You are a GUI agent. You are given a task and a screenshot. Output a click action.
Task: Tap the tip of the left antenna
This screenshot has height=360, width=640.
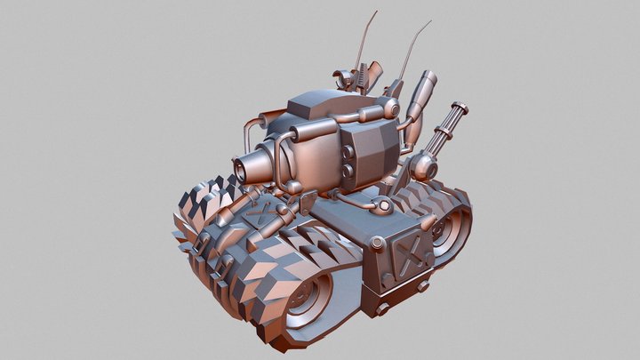click(x=376, y=12)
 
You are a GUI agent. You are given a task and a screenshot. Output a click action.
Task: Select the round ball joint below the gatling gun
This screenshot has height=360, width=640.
click(x=424, y=164)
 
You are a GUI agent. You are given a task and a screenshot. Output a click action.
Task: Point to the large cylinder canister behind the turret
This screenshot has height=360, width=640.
click(x=421, y=91)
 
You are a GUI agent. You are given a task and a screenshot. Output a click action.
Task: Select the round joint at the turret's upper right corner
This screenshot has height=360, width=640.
click(x=390, y=108)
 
